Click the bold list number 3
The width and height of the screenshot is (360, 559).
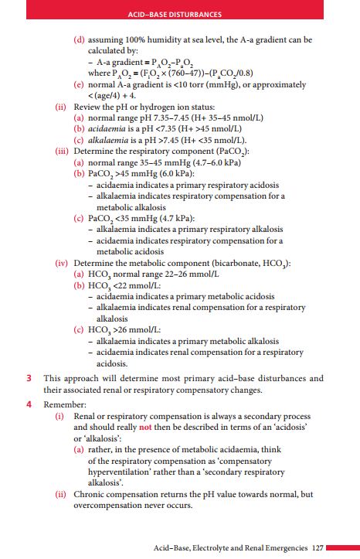pos(29,379)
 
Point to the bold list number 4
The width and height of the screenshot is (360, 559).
pos(29,403)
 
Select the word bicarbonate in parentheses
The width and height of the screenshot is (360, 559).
pos(233,263)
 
